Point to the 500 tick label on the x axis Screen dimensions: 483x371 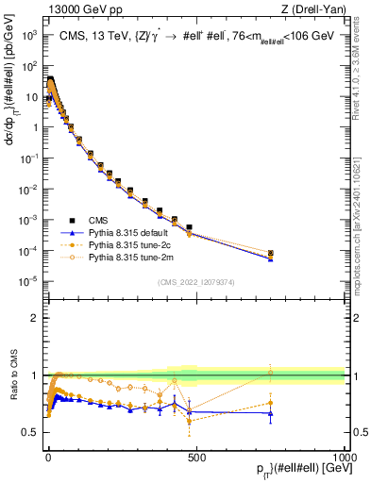click(x=196, y=456)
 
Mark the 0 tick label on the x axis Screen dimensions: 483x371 click(x=48, y=456)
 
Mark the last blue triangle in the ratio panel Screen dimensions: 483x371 click(x=270, y=413)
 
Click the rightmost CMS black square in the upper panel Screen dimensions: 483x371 click(x=270, y=253)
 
